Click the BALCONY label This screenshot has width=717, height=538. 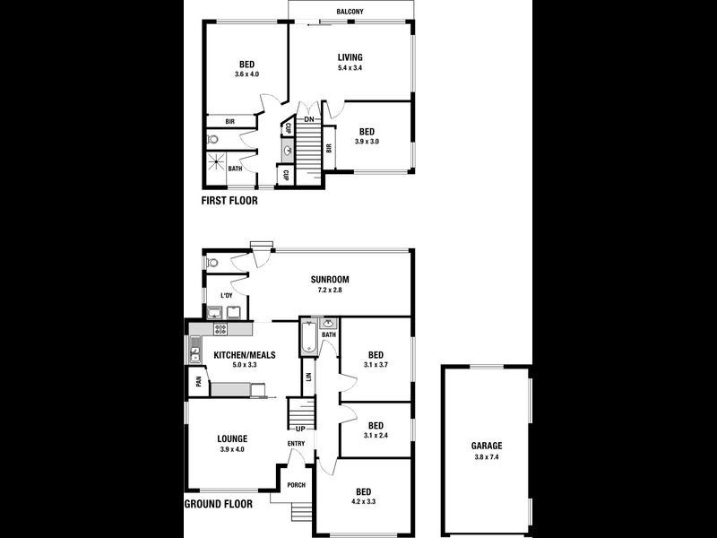[x=350, y=13]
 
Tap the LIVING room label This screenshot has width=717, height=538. [x=350, y=57]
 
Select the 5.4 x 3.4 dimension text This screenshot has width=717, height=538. [x=350, y=68]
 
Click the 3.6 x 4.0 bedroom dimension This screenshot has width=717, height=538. [x=246, y=74]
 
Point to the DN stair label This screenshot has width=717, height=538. [x=308, y=119]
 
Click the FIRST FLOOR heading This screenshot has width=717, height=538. [x=229, y=202]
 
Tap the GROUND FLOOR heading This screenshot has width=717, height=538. [x=218, y=504]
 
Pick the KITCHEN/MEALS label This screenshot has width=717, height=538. [x=244, y=355]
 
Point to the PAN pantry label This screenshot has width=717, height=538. [x=197, y=381]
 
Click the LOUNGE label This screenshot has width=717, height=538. [x=232, y=438]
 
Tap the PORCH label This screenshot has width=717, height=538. [x=296, y=485]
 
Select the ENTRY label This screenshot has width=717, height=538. [x=296, y=444]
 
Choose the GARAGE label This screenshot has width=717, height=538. [x=487, y=446]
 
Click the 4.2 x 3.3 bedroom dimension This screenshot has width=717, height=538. [x=363, y=502]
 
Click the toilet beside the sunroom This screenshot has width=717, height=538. [x=212, y=265]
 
